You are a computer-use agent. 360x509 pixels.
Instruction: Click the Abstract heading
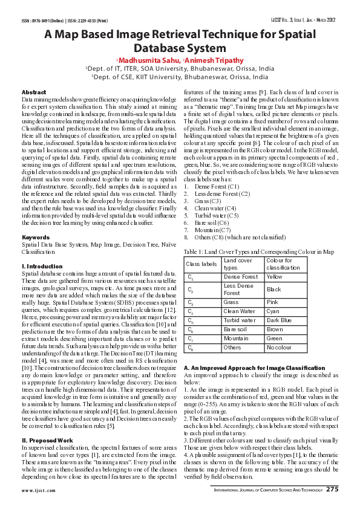tap(33, 91)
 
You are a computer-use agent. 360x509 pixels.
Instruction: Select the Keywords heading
tap(35, 237)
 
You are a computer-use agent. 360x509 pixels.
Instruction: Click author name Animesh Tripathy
tap(217, 60)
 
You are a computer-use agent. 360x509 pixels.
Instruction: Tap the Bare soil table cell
tap(235, 329)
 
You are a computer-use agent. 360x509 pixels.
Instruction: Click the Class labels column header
tap(201, 264)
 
